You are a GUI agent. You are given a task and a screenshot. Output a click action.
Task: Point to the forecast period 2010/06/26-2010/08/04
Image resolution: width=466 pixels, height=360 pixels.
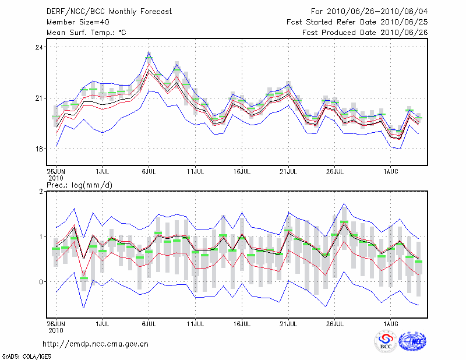click(x=369, y=11)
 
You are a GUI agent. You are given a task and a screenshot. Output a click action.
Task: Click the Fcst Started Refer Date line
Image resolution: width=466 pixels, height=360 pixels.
click(x=358, y=22)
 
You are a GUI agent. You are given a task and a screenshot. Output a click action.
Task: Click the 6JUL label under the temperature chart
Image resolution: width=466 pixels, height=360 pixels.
click(x=149, y=172)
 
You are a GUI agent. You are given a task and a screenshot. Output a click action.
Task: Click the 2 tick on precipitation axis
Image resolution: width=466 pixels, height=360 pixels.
click(x=41, y=192)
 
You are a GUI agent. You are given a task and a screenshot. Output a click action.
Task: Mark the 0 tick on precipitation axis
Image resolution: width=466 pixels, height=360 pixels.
click(x=41, y=282)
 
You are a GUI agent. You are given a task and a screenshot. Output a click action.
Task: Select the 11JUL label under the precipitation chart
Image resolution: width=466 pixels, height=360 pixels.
click(x=195, y=322)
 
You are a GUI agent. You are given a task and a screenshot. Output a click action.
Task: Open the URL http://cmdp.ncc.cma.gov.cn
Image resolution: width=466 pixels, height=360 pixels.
click(x=96, y=344)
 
